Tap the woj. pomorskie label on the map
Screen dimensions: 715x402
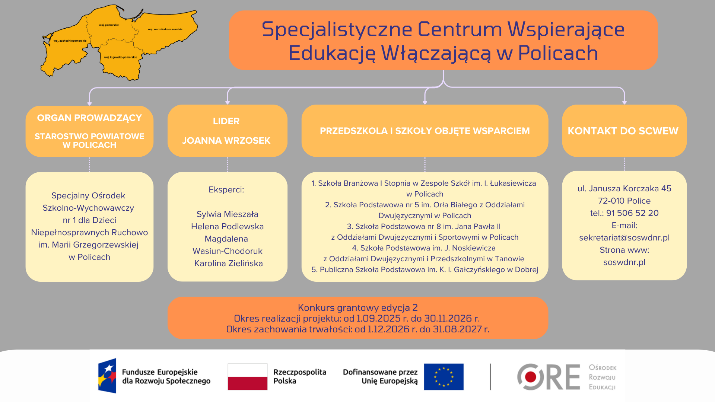tap(109, 25)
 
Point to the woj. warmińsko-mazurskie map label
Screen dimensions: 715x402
tap(165, 29)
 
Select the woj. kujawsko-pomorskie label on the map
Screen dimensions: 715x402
tap(120, 57)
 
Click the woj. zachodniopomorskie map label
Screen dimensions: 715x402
tap(70, 41)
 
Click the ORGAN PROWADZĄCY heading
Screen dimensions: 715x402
tap(89, 118)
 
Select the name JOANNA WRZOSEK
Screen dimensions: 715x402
tap(226, 141)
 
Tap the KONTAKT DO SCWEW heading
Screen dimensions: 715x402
tap(623, 131)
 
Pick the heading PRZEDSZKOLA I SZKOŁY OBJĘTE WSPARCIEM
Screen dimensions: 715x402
tap(425, 131)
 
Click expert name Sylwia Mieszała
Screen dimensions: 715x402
tap(227, 214)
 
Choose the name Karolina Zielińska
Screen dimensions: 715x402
tap(228, 264)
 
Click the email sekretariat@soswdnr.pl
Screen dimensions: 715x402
tap(624, 238)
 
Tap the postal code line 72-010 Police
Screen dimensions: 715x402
tap(624, 201)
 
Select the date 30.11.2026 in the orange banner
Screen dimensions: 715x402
tap(448, 319)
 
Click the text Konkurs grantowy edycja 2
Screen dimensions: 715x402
tap(357, 308)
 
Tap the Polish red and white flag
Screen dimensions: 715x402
tap(247, 377)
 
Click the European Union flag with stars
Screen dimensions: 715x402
tap(444, 377)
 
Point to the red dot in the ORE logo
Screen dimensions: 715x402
tap(530, 377)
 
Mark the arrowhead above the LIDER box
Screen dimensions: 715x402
tap(228, 102)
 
